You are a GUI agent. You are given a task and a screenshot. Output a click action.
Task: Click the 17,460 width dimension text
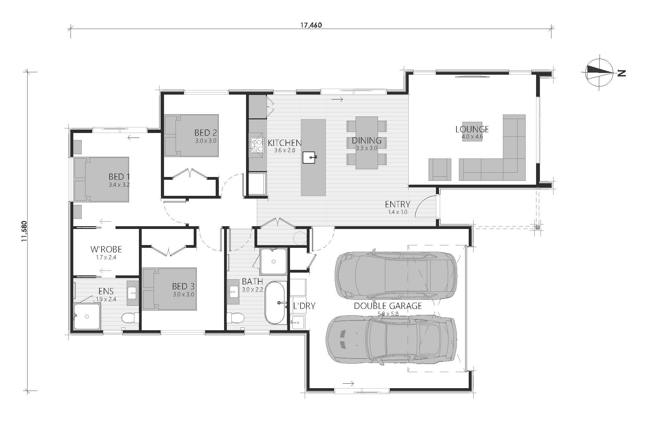click(x=311, y=25)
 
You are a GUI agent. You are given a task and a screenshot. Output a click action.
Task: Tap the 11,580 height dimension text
click(x=24, y=231)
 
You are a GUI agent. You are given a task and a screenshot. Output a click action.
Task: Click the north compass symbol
click(x=600, y=73)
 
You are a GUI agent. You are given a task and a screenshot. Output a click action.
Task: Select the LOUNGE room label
click(x=472, y=130)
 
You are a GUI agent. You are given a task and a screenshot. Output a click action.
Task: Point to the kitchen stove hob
click(x=257, y=145)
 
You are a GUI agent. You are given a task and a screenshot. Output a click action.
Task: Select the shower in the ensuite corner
click(x=87, y=317)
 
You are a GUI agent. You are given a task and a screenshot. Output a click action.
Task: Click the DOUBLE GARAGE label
click(x=388, y=306)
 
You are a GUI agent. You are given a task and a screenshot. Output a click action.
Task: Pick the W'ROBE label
click(x=106, y=249)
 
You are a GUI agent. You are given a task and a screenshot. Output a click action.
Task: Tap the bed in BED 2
click(x=192, y=135)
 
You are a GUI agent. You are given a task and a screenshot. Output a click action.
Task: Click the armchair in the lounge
click(x=439, y=169)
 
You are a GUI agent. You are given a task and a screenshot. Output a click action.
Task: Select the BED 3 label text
click(x=183, y=287)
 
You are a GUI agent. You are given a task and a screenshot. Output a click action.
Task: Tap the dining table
click(x=366, y=142)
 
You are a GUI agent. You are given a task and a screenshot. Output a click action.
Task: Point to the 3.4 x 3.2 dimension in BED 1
click(x=119, y=185)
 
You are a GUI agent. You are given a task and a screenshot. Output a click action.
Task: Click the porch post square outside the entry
click(x=537, y=227)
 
